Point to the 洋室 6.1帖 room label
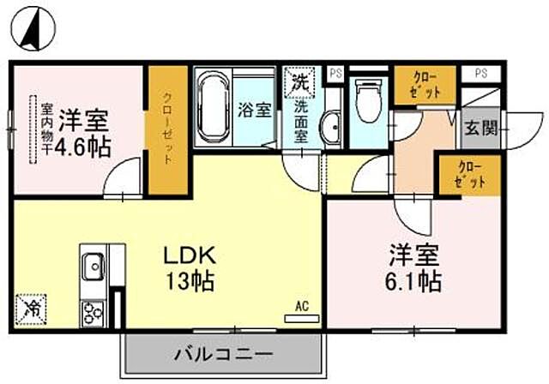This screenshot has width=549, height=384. click(x=413, y=268)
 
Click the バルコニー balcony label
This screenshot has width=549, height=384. click(x=225, y=353)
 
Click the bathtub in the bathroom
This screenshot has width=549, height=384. click(x=212, y=110)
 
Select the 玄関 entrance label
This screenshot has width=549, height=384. click(x=480, y=129)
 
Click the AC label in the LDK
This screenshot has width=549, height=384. click(x=301, y=305)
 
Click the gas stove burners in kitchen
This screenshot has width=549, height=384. click(x=92, y=311)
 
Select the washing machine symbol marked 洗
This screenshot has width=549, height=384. click(x=299, y=82)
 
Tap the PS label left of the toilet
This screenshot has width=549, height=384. click(x=335, y=74)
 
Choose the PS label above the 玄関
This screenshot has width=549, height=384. click(x=481, y=73)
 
